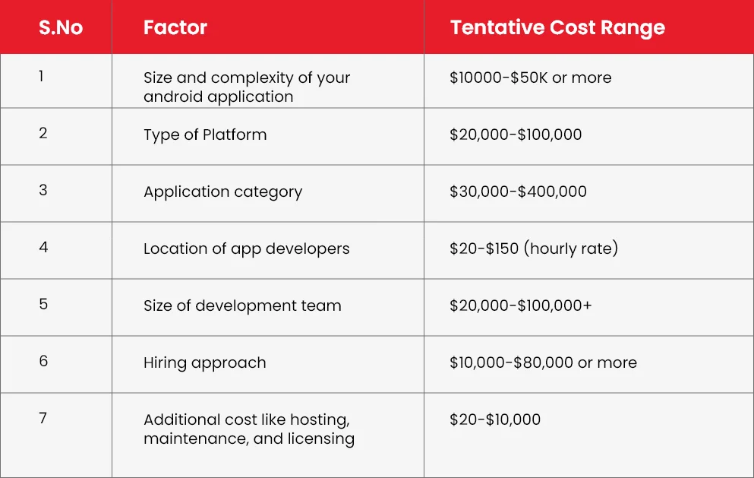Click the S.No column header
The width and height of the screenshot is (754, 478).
coord(61,27)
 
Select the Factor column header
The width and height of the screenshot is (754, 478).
coord(175,27)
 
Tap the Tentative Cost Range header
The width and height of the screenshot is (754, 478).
coord(557,28)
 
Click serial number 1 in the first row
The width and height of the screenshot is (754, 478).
coord(41,76)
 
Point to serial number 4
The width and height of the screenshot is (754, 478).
coord(43,247)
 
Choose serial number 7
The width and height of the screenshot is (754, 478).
coord(43,418)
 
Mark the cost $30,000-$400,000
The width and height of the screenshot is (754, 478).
coord(518,192)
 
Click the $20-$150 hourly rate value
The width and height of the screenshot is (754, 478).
coord(534,248)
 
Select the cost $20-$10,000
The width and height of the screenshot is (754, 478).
coord(495,419)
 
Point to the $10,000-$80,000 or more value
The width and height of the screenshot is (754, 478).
coord(543,362)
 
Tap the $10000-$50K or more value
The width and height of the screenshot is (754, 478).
coord(531,78)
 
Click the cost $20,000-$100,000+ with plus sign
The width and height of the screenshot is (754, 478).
coord(520,305)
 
